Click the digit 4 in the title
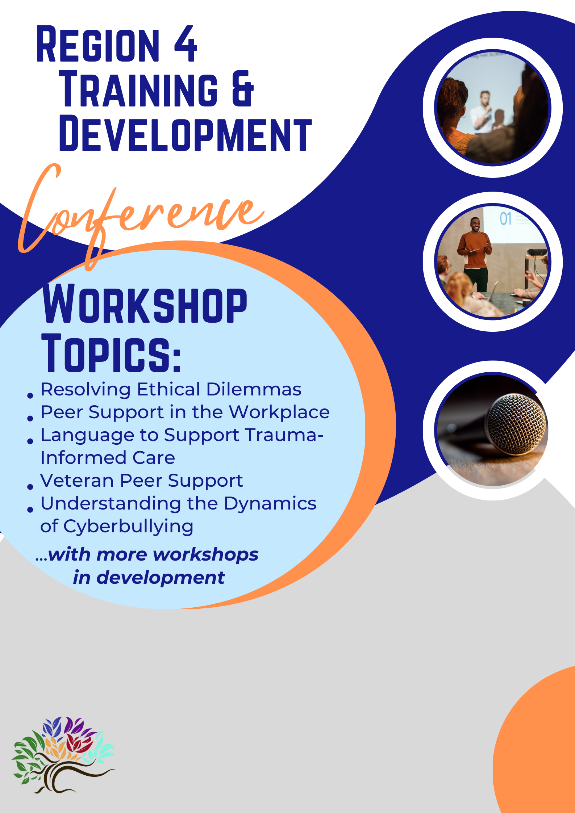(186, 44)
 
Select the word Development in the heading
(185, 134)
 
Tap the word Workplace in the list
(279, 412)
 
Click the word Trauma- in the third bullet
(284, 435)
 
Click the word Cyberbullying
(128, 527)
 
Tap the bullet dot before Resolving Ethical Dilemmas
(30, 395)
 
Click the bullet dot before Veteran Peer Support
(30, 487)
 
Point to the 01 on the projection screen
(505, 219)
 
